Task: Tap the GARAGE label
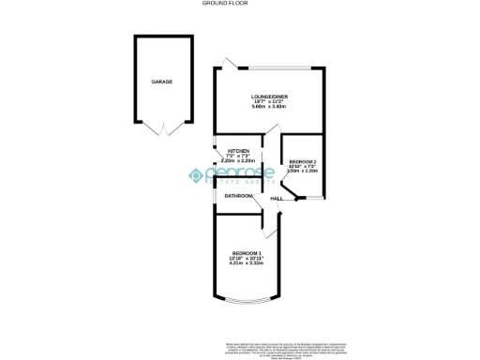(x=162, y=82)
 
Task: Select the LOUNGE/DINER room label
(x=268, y=97)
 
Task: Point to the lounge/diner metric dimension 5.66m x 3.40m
(x=268, y=108)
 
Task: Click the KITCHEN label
(x=238, y=151)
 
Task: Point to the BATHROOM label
(x=239, y=196)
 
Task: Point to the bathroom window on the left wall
(x=216, y=196)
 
